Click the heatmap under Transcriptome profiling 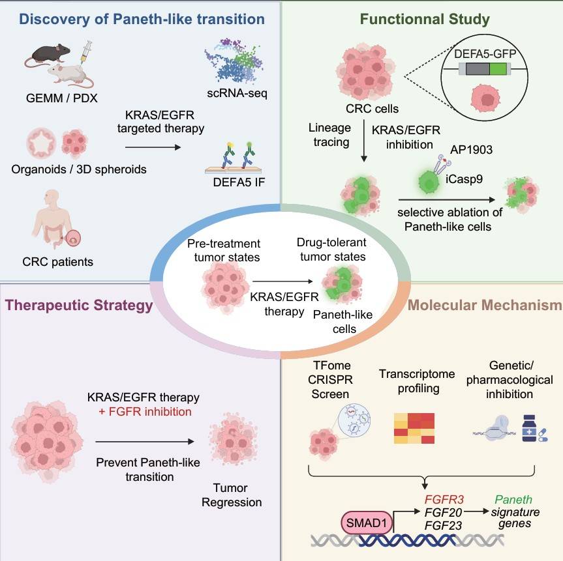point(413,427)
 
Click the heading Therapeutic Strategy point(79,305)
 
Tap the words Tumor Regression point(232,495)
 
